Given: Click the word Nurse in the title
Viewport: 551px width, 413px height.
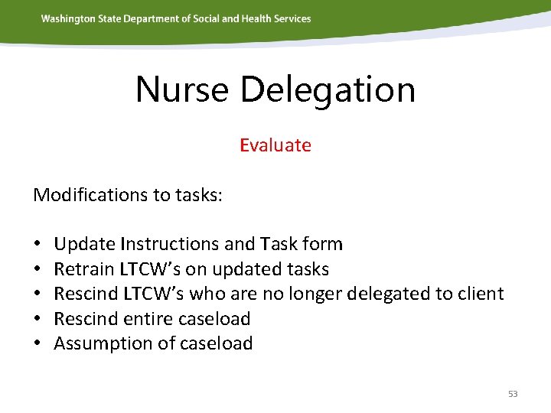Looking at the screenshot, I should [x=182, y=89].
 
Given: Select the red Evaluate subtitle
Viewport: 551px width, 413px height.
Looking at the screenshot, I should [x=275, y=145].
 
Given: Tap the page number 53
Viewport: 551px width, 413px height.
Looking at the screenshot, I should [x=513, y=394].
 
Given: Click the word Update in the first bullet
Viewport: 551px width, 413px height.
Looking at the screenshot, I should [x=84, y=244].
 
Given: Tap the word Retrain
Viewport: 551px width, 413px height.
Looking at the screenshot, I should [x=83, y=269].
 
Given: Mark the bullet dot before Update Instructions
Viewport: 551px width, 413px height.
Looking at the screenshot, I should [x=37, y=245].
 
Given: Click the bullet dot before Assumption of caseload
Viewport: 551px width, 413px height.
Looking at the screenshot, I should [x=37, y=344].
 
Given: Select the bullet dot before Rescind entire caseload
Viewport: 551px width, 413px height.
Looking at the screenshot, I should [x=37, y=319].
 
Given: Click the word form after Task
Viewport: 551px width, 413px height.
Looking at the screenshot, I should [x=322, y=244].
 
